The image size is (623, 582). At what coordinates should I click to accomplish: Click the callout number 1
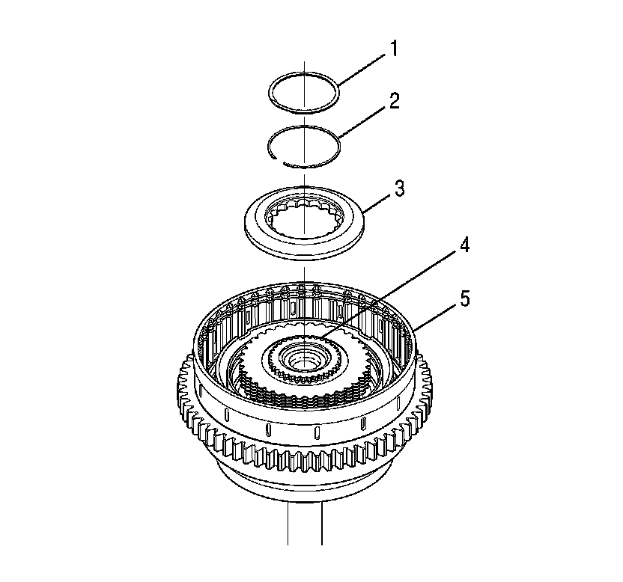click(x=393, y=49)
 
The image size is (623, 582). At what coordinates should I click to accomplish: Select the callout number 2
click(x=394, y=101)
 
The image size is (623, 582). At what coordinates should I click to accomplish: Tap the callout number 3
click(x=399, y=189)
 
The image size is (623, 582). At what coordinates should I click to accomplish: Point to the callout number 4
click(x=464, y=245)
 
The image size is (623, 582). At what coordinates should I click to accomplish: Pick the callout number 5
click(x=465, y=298)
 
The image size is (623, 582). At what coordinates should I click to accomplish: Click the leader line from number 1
click(x=362, y=70)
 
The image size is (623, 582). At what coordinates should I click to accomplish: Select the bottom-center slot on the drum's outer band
click(x=317, y=432)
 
